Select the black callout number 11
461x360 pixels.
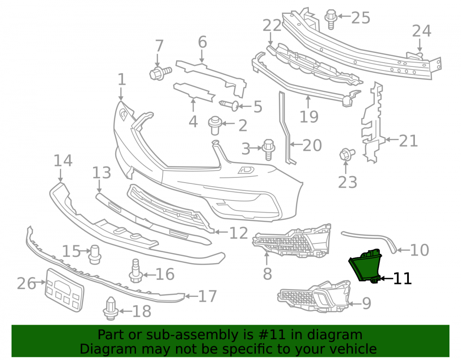(x=402, y=278)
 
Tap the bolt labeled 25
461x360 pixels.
(x=331, y=19)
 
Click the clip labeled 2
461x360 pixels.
(x=215, y=125)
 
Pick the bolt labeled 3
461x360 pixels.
(x=268, y=149)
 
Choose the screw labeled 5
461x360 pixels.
(x=229, y=105)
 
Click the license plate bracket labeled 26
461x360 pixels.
(x=64, y=290)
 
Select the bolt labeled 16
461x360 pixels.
(x=136, y=271)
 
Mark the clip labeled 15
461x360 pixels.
(x=95, y=254)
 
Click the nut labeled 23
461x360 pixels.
(x=346, y=154)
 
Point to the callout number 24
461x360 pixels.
(x=422, y=31)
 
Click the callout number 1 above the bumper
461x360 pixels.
(x=122, y=80)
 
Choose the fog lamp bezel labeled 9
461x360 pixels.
(x=314, y=296)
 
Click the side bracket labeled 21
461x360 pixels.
(x=372, y=123)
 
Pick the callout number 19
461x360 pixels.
(x=309, y=117)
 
